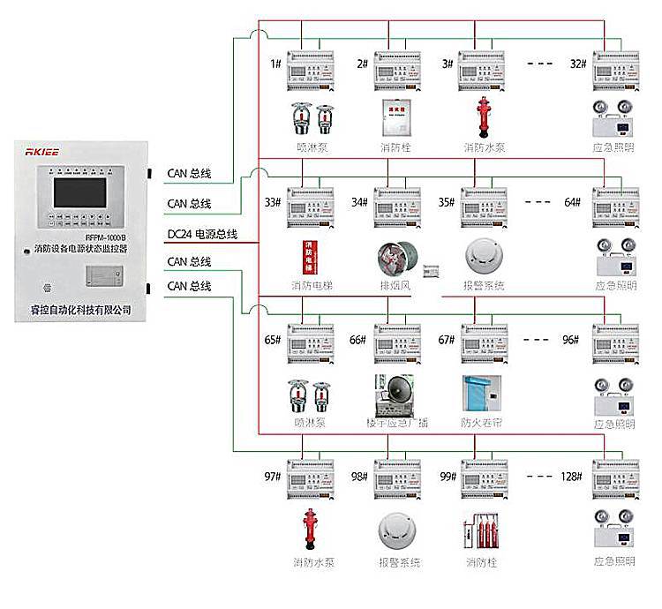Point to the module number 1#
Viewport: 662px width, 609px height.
pyautogui.click(x=275, y=64)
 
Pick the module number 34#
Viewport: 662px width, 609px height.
pyautogui.click(x=359, y=202)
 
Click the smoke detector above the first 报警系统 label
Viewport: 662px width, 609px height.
pyautogui.click(x=485, y=256)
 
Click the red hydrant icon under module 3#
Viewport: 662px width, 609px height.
pyautogui.click(x=483, y=120)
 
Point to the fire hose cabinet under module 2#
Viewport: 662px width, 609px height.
pyautogui.click(x=396, y=120)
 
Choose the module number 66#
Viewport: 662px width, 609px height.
pyautogui.click(x=357, y=340)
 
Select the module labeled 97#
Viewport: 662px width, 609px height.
pyautogui.click(x=312, y=480)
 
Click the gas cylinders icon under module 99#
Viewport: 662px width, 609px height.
pyautogui.click(x=483, y=533)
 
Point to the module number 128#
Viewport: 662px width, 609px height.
pyautogui.click(x=570, y=477)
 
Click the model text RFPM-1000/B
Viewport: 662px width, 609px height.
pyautogui.click(x=106, y=237)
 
